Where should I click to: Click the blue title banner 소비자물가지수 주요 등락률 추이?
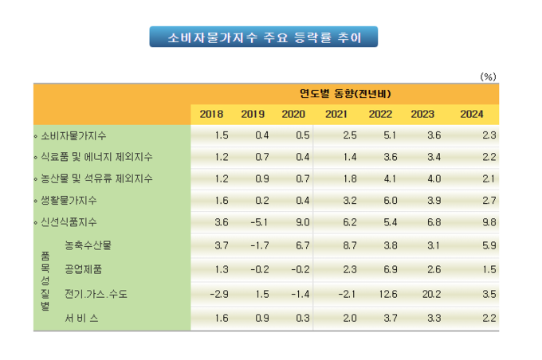click(x=263, y=37)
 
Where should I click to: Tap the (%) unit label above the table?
click(x=488, y=76)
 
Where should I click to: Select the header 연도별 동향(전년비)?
click(x=345, y=94)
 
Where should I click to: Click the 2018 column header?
click(x=211, y=114)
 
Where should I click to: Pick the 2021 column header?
click(x=336, y=114)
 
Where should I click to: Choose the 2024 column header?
click(x=472, y=114)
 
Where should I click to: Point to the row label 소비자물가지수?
click(x=73, y=135)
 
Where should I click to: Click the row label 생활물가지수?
click(x=69, y=201)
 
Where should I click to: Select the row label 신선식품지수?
click(x=69, y=221)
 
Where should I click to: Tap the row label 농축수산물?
click(x=88, y=245)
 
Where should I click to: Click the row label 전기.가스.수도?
click(x=96, y=294)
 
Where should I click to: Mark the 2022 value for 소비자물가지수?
click(x=390, y=135)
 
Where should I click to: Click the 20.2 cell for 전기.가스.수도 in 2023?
click(x=431, y=294)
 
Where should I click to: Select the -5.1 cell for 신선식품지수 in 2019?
click(x=259, y=221)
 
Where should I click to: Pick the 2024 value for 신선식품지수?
click(x=489, y=221)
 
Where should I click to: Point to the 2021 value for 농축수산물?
click(x=349, y=245)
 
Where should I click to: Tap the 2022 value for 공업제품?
click(x=391, y=269)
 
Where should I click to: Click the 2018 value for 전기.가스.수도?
click(x=219, y=294)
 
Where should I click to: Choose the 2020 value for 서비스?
click(x=302, y=318)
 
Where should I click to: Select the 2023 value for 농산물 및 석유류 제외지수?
click(x=434, y=178)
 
